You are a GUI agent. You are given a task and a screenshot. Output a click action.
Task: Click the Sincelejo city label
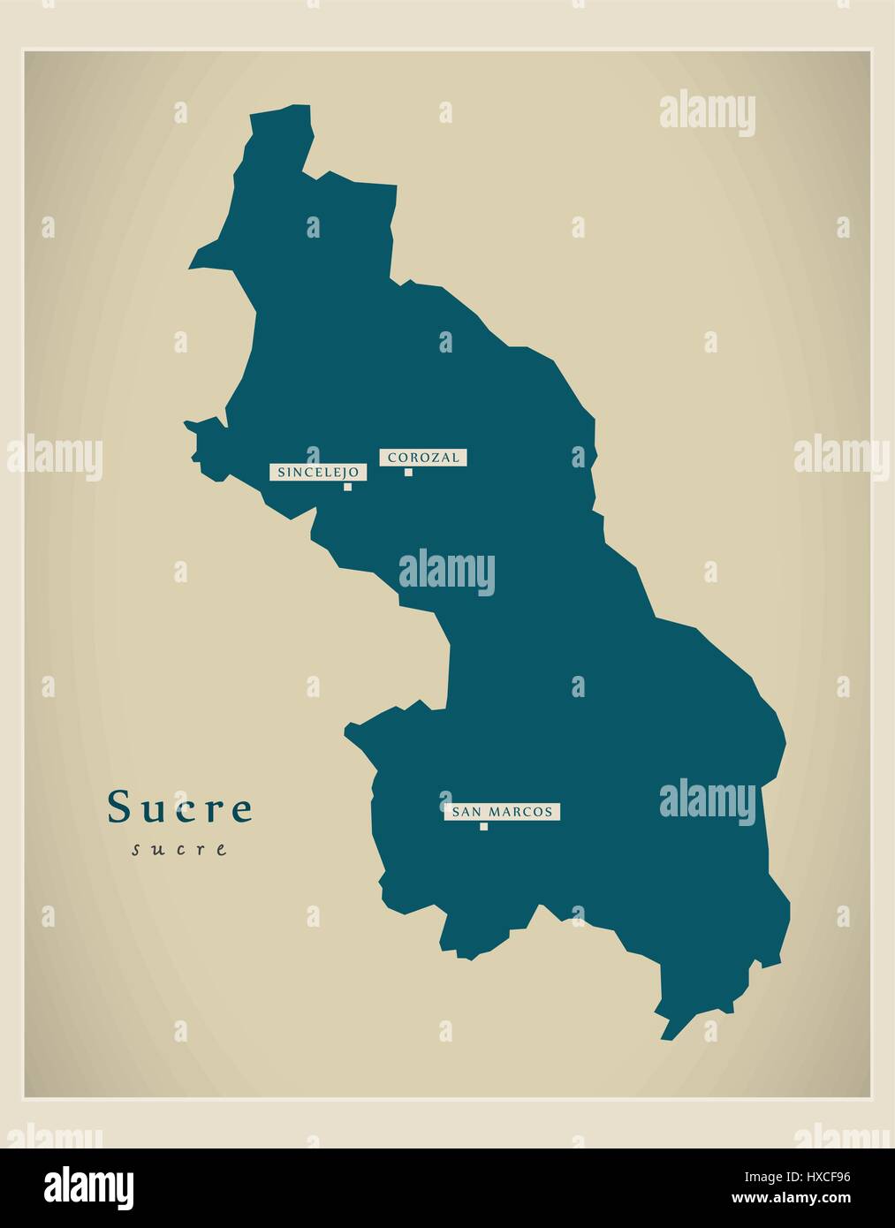pos(317,473)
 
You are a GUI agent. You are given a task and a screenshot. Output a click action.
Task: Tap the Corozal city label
pos(423,458)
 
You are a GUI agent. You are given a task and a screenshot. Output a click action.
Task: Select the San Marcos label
pos(502,812)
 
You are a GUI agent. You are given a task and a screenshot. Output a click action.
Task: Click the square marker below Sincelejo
pos(348,486)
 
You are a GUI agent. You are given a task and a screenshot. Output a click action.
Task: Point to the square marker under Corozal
pos(408,472)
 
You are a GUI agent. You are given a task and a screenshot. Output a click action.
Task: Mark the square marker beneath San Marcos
pos(483,827)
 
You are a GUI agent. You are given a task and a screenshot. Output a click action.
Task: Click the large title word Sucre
pos(180,807)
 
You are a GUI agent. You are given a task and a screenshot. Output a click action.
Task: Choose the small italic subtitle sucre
pos(179,850)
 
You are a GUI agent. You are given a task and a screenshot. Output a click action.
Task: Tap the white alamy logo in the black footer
pos(90,1184)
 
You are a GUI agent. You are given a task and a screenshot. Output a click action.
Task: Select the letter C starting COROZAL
pos(390,458)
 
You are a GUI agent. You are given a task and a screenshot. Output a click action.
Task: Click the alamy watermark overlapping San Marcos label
pos(707,800)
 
